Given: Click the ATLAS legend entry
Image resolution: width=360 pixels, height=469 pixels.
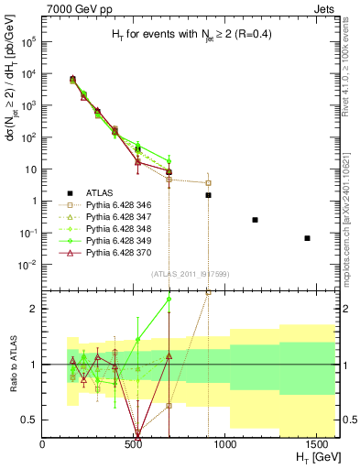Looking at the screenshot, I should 100,192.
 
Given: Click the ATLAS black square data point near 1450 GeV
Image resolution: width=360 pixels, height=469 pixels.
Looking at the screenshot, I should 308,238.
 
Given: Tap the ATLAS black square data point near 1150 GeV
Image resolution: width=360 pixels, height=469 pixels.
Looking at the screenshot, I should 255,220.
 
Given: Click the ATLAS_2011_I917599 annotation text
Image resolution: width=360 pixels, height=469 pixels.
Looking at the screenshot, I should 177,275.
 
